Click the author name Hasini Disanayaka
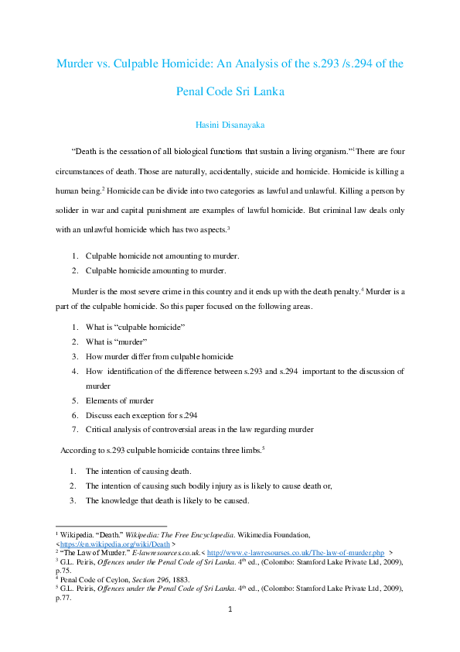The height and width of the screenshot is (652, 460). coord(230,123)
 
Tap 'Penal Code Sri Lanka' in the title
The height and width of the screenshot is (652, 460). coord(230,91)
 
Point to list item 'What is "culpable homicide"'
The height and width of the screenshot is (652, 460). coord(135,327)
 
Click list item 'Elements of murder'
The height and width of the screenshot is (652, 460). coord(119,400)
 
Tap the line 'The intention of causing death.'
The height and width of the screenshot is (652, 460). coord(138,471)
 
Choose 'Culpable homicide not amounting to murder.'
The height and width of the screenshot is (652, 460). coord(162,256)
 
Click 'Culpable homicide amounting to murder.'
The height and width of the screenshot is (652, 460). coord(155,270)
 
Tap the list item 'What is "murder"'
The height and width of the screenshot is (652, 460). coord(116,341)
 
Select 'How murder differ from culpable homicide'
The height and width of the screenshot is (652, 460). coord(159,356)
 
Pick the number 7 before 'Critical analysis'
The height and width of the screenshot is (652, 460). coord(75,430)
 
